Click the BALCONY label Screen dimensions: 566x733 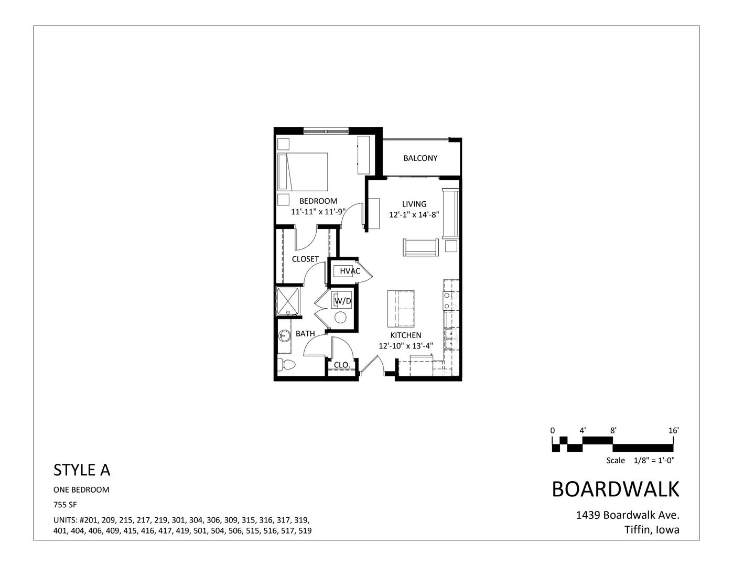point(420,158)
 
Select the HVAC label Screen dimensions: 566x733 point(350,271)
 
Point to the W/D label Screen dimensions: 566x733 point(342,301)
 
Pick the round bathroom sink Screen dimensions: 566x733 point(285,336)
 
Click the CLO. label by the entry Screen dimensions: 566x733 point(342,365)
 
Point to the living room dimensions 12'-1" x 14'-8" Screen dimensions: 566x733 point(414,215)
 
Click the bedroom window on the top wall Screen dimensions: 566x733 point(326,130)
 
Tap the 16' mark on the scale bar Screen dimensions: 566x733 point(674,430)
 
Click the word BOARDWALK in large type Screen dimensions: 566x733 point(616,489)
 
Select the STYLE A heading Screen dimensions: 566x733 point(82,470)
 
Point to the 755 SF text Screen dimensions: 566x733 point(66,505)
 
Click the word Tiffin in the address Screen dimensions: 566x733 point(637,530)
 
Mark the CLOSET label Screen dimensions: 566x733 point(305,259)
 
